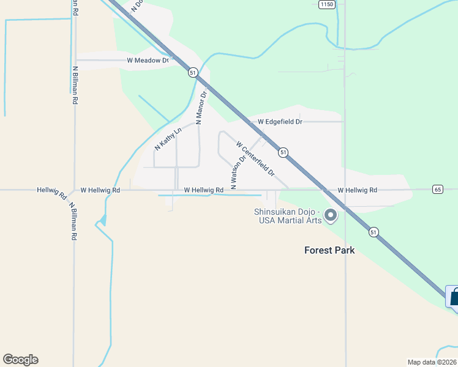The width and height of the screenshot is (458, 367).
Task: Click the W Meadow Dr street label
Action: coord(148,61)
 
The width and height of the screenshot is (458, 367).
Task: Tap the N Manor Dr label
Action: coord(201,108)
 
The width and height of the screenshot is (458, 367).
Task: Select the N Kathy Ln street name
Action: coord(168,139)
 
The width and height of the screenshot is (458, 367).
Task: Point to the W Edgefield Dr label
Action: coord(280,122)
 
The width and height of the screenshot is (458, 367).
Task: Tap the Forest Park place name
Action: coord(329,250)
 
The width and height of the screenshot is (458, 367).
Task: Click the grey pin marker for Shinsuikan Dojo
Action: coord(331,215)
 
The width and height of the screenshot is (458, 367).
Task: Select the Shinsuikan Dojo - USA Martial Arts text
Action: coord(288,217)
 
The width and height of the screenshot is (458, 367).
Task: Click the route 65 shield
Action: coord(437,189)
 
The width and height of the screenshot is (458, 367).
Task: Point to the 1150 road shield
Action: coord(328,4)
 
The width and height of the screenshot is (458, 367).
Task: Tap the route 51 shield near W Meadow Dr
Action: coord(193,72)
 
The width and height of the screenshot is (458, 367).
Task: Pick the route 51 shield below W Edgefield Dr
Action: coord(282,152)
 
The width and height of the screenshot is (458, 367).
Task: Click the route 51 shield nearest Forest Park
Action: coord(374,232)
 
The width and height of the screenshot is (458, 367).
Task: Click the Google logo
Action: coord(20,360)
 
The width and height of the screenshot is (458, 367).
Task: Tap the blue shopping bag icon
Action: coord(453,297)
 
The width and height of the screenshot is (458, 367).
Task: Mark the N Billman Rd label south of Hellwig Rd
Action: coord(73,221)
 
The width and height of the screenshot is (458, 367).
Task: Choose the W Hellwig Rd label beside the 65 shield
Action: coord(357,190)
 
